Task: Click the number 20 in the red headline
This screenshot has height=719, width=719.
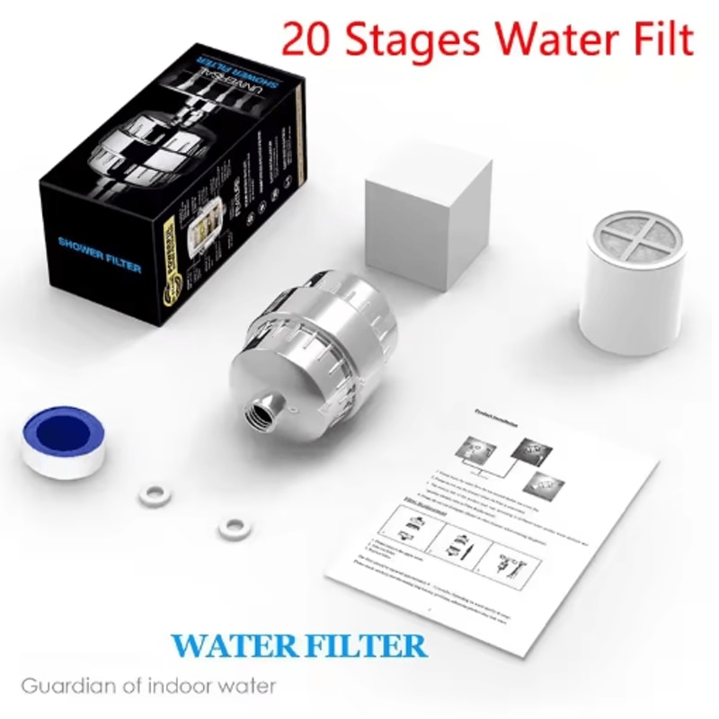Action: [x=306, y=40]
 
